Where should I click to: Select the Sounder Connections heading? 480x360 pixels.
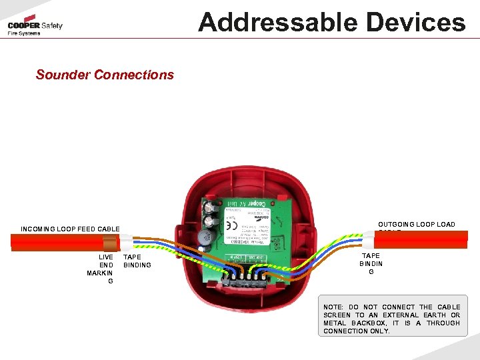coord(105,75)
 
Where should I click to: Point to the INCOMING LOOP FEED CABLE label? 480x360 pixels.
coord(70,229)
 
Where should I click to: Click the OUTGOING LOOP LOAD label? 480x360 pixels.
coord(416,225)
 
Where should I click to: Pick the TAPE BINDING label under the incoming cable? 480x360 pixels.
coord(137,261)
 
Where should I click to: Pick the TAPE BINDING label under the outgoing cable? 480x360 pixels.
coord(371,263)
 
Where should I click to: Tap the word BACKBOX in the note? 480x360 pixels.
coord(371,323)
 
